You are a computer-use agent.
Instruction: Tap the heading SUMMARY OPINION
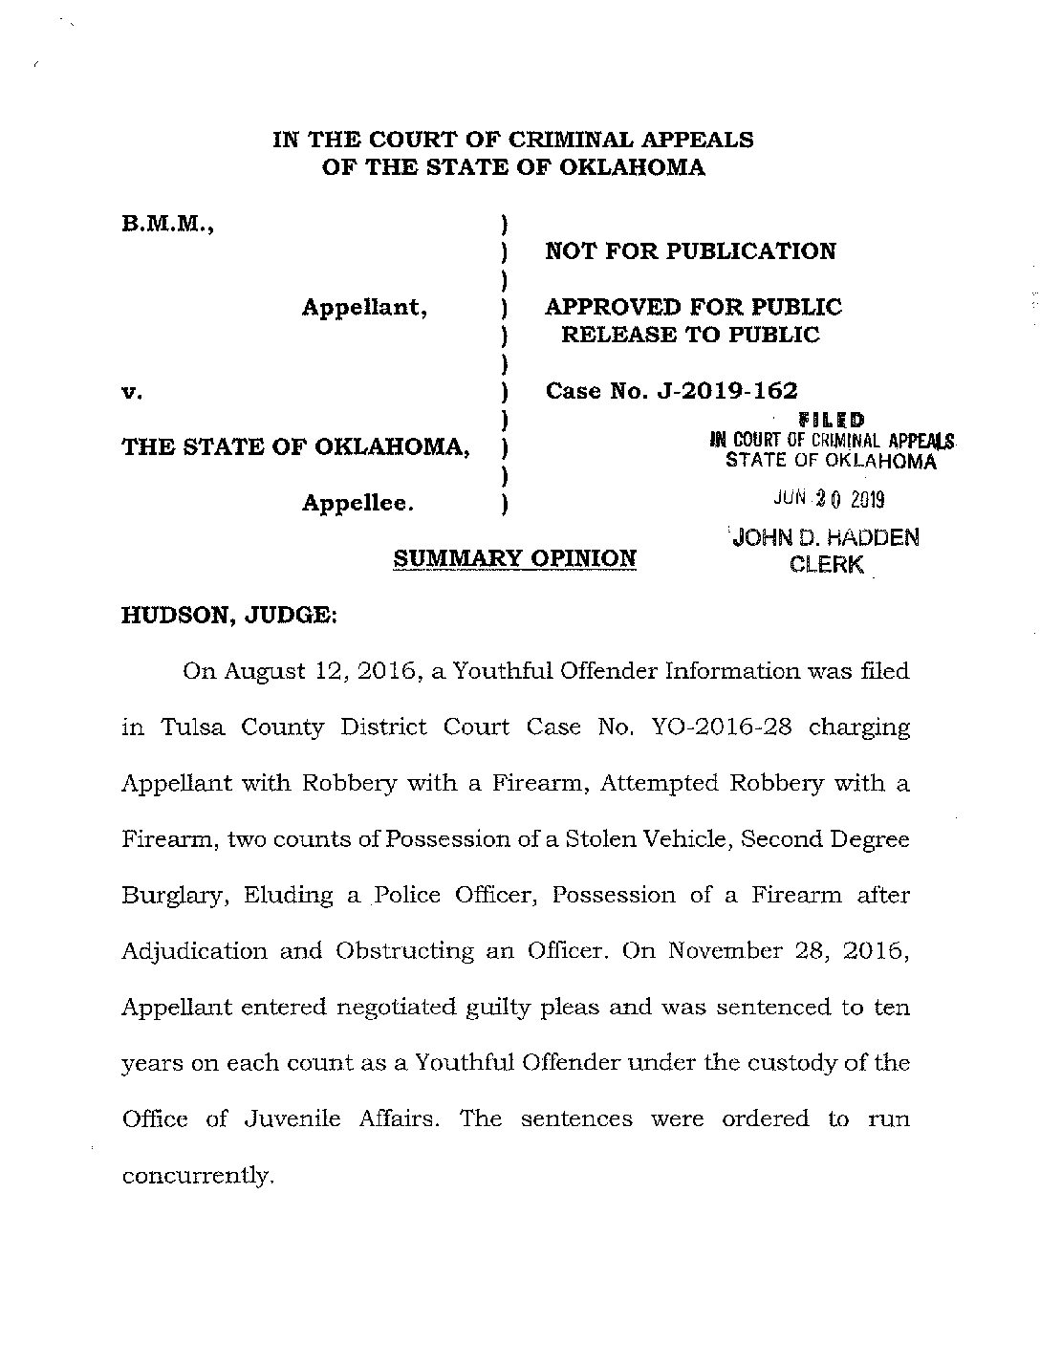click(x=515, y=558)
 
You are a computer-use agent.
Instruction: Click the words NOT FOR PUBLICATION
click(x=690, y=251)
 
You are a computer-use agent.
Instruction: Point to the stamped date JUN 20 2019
click(x=831, y=499)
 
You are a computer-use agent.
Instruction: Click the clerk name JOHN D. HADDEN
click(x=825, y=538)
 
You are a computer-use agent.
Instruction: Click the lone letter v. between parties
click(x=132, y=392)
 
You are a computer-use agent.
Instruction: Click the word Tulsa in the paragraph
click(x=191, y=727)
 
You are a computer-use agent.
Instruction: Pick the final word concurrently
click(x=198, y=1175)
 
